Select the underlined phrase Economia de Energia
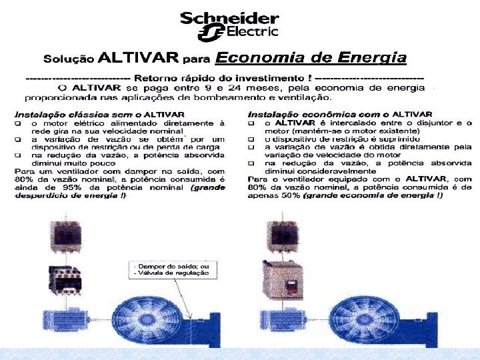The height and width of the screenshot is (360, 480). tap(311, 57)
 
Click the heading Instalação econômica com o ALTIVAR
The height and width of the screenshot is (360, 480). tap(339, 115)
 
